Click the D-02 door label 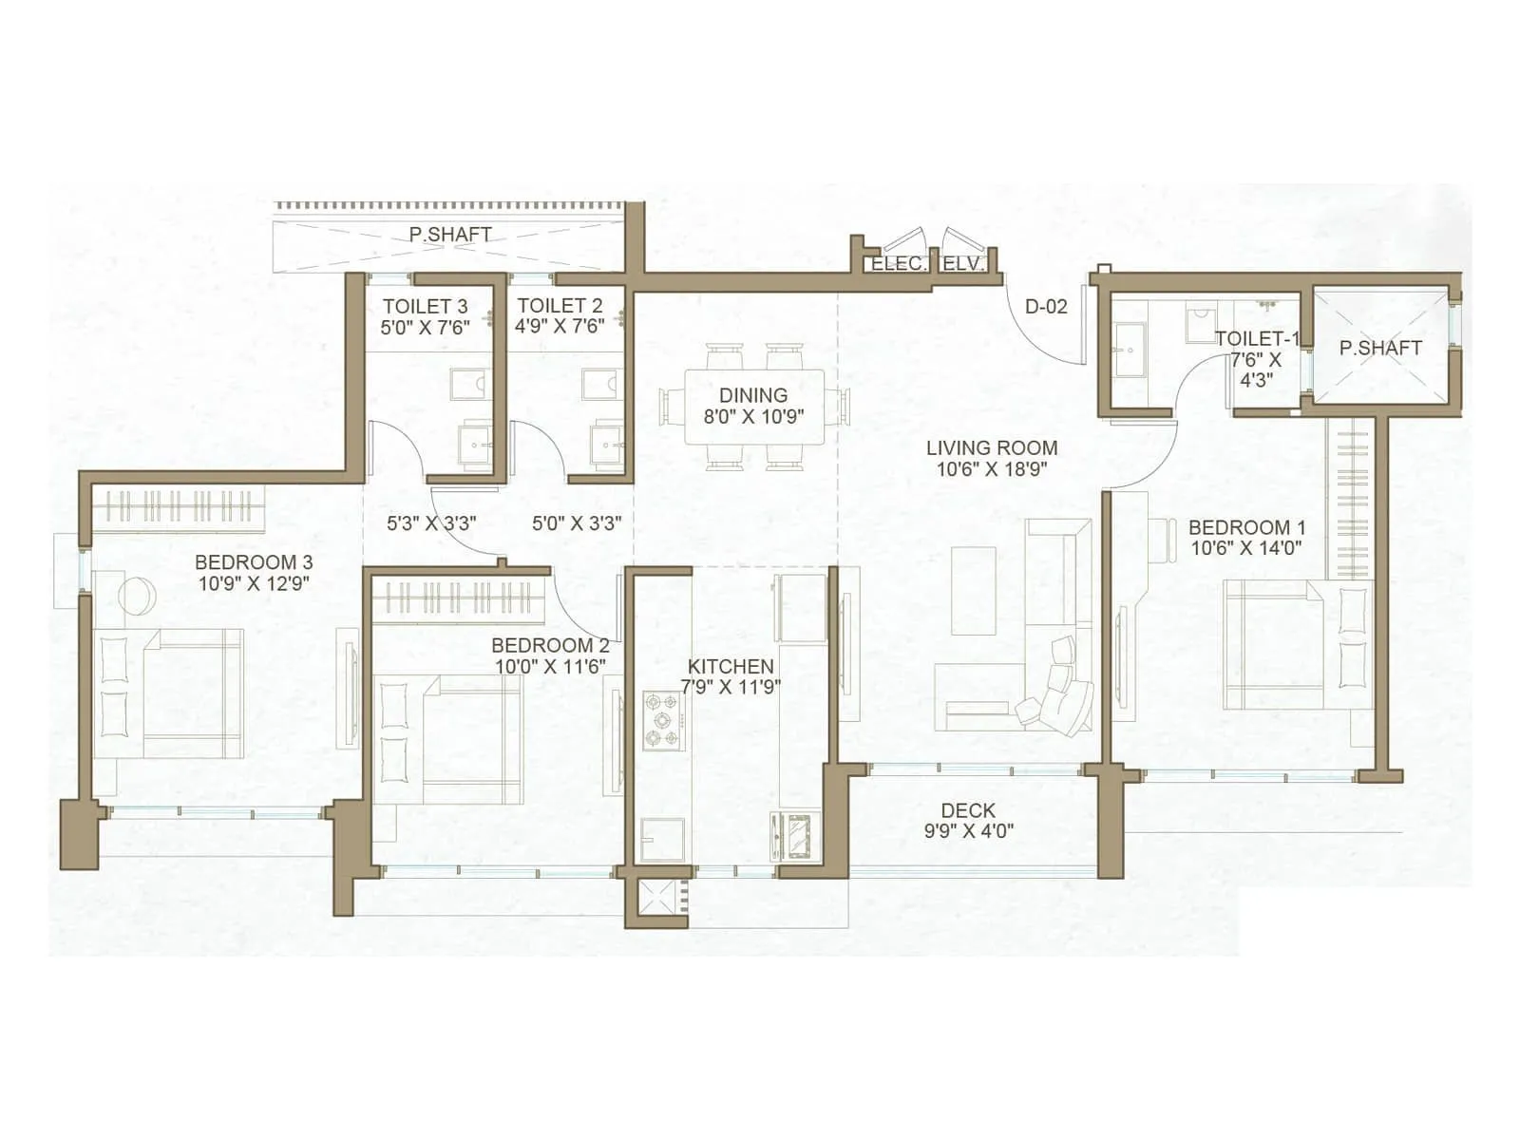[x=1046, y=307]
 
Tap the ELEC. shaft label [x=898, y=264]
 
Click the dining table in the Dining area [x=755, y=407]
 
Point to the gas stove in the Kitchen [x=661, y=722]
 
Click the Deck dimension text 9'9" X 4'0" [x=968, y=831]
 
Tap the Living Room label [x=991, y=447]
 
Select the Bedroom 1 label [x=1246, y=527]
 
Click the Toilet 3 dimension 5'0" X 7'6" [x=425, y=327]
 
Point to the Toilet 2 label [x=560, y=306]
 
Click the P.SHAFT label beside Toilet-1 [x=1380, y=349]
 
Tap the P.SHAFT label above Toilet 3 [x=450, y=234]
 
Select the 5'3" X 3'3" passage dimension [x=431, y=523]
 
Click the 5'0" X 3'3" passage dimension [x=577, y=523]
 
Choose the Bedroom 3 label [x=254, y=563]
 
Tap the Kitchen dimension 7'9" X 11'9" [x=731, y=687]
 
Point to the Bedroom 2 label [x=550, y=646]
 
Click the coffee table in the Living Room [x=973, y=591]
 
